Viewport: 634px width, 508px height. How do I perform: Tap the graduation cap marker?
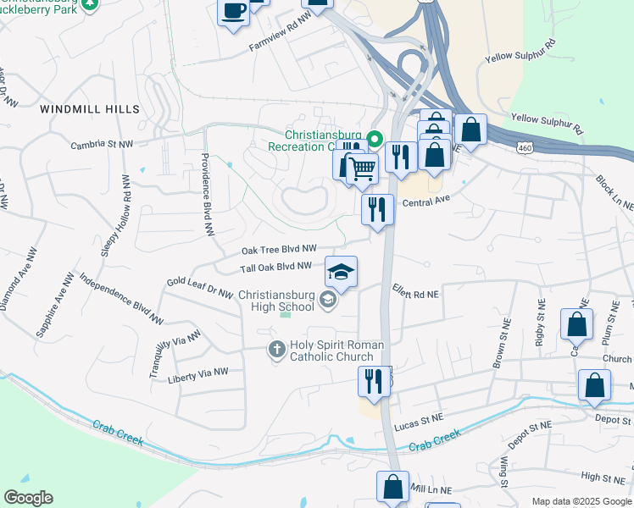point(341,272)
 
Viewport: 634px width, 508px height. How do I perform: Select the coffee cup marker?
point(233,13)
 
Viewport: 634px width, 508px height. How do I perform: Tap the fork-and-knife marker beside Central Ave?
point(377,208)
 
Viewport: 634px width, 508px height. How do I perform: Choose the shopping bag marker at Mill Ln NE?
point(393,487)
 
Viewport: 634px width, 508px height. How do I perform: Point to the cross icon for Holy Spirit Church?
point(276,349)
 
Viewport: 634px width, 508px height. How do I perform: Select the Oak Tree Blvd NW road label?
point(279,250)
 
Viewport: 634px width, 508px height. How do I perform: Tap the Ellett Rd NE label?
point(415,292)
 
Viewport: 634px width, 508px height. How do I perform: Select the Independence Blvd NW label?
point(121,299)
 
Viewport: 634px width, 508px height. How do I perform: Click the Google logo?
point(28,498)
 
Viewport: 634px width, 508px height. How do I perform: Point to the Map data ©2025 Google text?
point(581,501)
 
